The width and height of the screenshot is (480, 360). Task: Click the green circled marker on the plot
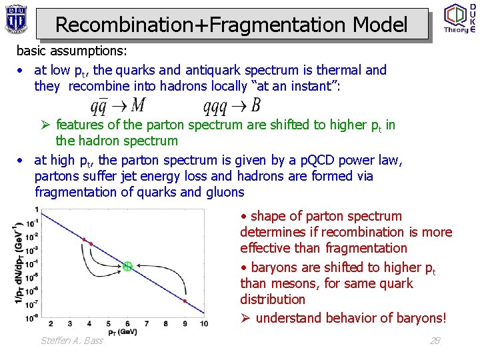pos(127,266)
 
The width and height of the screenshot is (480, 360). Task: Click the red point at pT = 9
pos(185,301)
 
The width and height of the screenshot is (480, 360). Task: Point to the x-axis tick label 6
pos(127,324)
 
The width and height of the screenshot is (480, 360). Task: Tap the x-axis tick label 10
pos(204,324)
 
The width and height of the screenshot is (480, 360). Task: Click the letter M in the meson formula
pos(139,105)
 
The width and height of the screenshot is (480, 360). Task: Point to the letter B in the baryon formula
pos(256,105)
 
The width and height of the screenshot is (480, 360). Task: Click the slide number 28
pos(435,340)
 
